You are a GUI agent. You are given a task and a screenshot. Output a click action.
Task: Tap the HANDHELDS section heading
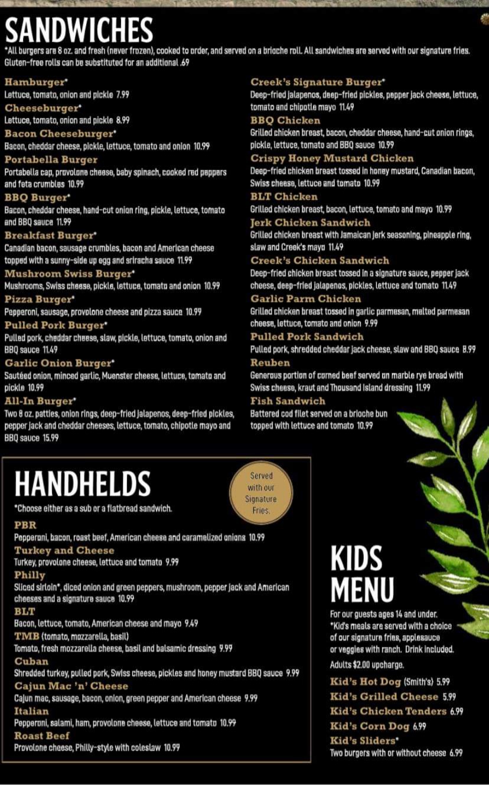click(x=83, y=483)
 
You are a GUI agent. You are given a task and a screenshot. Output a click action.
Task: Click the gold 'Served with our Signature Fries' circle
click(x=261, y=493)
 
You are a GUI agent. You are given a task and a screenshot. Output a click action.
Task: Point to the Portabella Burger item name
click(x=51, y=159)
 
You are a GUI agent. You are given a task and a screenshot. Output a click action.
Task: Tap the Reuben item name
click(x=270, y=362)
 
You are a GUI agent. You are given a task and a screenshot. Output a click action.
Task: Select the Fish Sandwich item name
click(x=288, y=401)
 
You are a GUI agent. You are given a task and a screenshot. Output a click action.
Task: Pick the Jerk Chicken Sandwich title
click(x=310, y=223)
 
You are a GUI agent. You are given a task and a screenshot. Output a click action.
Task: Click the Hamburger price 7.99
click(x=123, y=94)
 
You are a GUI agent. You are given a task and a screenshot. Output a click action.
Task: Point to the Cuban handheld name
click(x=31, y=661)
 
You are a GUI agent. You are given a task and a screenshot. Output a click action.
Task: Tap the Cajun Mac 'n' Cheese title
click(x=71, y=686)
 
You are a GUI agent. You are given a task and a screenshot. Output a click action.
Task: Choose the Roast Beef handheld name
click(x=41, y=735)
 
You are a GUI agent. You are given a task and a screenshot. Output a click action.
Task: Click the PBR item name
click(x=25, y=525)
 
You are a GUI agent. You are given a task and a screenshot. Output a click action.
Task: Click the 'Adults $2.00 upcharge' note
click(x=367, y=665)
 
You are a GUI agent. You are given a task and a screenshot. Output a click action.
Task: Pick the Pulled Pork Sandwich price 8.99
click(x=469, y=349)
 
